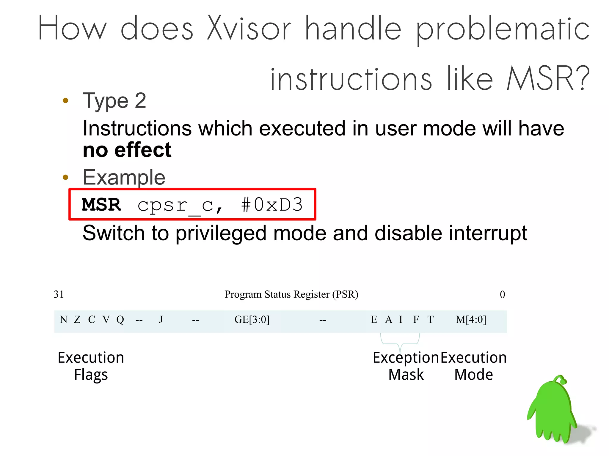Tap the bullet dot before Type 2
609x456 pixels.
(66, 100)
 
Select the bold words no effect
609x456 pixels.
(127, 150)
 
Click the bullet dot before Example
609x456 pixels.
(66, 177)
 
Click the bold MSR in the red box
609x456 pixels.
(101, 205)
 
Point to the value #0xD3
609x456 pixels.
(272, 205)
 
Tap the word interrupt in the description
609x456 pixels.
(488, 233)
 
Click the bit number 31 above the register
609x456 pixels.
(59, 294)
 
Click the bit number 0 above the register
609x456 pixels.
(502, 294)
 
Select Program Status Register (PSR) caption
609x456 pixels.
(291, 294)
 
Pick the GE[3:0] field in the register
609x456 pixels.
(252, 320)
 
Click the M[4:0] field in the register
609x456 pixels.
(471, 320)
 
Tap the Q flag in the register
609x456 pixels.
(120, 320)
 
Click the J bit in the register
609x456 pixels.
(161, 320)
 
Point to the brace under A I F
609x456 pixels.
(400, 342)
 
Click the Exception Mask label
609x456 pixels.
(406, 366)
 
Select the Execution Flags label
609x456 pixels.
(91, 366)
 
